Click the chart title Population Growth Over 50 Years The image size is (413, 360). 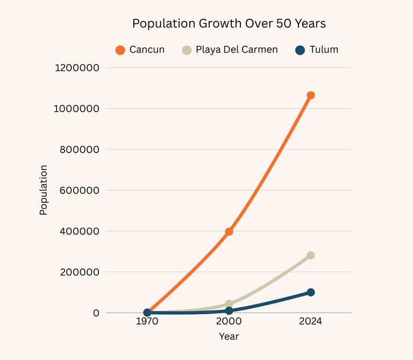click(229, 24)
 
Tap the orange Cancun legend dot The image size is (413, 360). click(120, 50)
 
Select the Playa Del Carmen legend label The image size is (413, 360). click(237, 50)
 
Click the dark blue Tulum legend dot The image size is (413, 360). click(300, 50)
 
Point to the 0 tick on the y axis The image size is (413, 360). click(96, 313)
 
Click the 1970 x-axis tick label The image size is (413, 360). click(147, 322)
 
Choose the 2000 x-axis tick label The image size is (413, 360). click(229, 322)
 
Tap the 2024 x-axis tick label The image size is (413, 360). click(310, 322)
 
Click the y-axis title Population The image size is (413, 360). click(44, 190)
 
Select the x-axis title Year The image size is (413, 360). click(229, 337)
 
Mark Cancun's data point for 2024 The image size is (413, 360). click(310, 95)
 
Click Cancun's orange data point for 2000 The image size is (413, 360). click(229, 232)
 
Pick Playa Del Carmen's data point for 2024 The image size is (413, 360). click(310, 255)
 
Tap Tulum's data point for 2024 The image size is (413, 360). click(310, 292)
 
